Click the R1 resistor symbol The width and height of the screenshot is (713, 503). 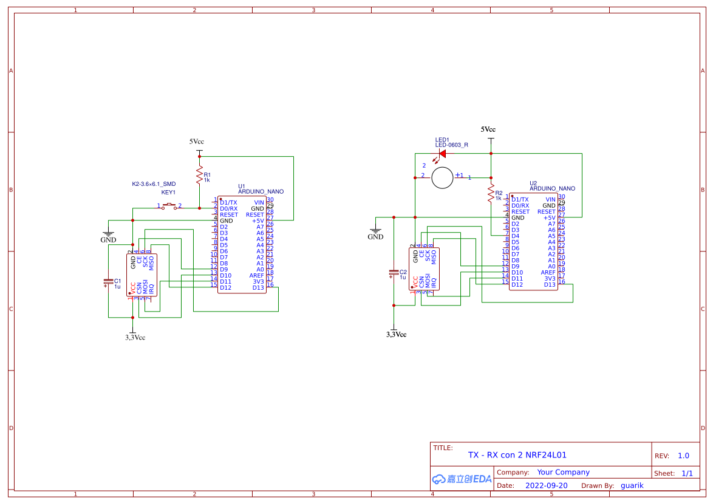(199, 176)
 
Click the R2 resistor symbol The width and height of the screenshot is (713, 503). (491, 194)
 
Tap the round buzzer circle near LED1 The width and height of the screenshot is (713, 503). (442, 177)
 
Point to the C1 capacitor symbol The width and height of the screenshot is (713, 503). (108, 282)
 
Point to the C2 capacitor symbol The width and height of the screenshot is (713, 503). (394, 274)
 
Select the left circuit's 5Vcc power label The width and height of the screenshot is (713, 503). (197, 142)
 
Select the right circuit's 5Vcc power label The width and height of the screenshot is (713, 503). (488, 129)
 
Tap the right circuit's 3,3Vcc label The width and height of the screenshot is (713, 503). (396, 334)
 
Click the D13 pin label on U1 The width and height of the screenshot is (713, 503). (259, 287)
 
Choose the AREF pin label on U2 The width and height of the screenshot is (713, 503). (548, 272)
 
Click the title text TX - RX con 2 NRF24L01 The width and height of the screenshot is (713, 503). (517, 454)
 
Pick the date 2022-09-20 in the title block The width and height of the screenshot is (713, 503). (546, 485)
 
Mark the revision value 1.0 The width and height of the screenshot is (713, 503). (683, 456)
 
